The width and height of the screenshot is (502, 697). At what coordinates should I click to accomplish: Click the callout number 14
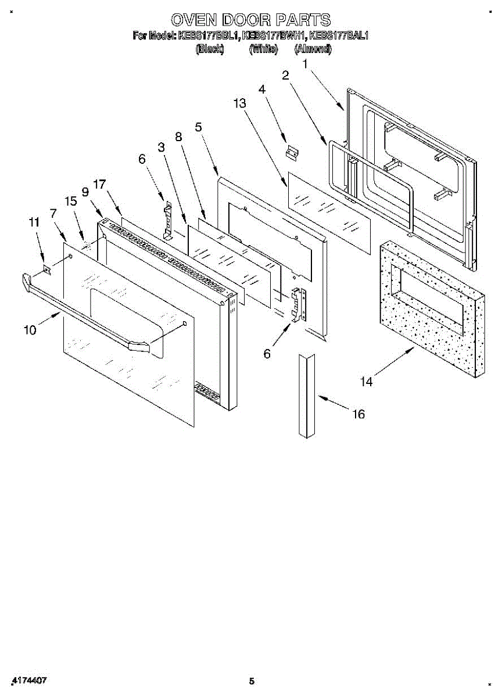[x=366, y=382]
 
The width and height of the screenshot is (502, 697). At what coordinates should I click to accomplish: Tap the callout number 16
[x=358, y=414]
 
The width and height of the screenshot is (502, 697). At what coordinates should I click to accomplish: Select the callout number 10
[x=30, y=330]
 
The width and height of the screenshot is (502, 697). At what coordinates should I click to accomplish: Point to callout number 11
[x=34, y=221]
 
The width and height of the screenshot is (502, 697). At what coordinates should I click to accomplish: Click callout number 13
[x=240, y=103]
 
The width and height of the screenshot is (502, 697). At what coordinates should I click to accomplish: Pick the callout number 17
[x=99, y=184]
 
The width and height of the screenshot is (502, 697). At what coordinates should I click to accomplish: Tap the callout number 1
[x=304, y=65]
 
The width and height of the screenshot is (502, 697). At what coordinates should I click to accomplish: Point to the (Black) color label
[x=210, y=49]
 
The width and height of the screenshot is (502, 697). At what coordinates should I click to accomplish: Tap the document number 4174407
[x=29, y=680]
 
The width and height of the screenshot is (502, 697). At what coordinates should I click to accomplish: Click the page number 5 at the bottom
[x=251, y=681]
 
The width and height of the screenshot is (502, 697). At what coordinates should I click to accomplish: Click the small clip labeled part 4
[x=291, y=152]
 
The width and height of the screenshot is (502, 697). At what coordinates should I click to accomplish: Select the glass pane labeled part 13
[x=329, y=213]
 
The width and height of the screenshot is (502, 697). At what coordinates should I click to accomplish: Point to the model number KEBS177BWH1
[x=274, y=36]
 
